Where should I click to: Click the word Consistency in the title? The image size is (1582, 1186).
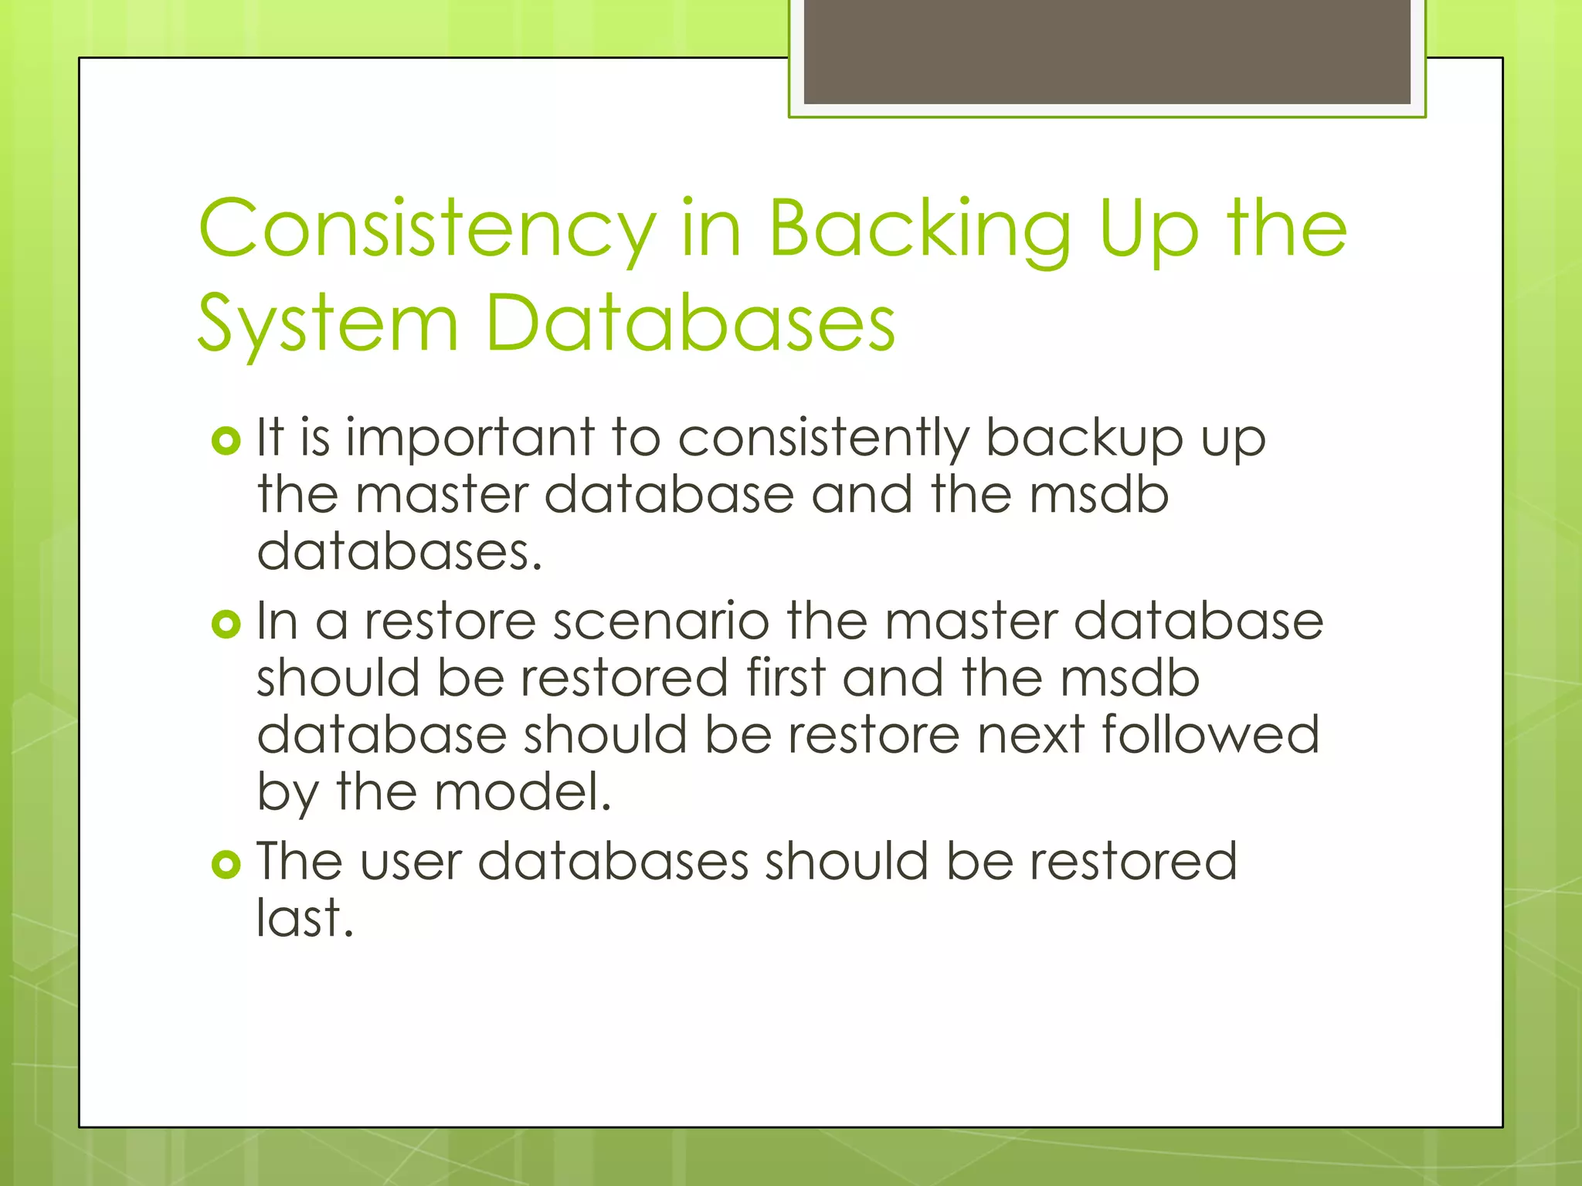[427, 229]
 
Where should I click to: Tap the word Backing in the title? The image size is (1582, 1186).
[919, 229]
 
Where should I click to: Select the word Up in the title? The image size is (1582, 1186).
[1149, 229]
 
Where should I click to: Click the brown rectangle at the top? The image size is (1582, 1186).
[1107, 51]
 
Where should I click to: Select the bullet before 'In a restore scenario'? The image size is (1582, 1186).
[226, 624]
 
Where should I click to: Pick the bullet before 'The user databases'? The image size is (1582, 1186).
[226, 865]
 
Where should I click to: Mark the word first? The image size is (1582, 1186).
[786, 678]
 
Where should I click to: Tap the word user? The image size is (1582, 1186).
[410, 862]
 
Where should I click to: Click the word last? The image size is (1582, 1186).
[304, 919]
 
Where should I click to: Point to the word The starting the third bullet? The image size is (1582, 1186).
[298, 862]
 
